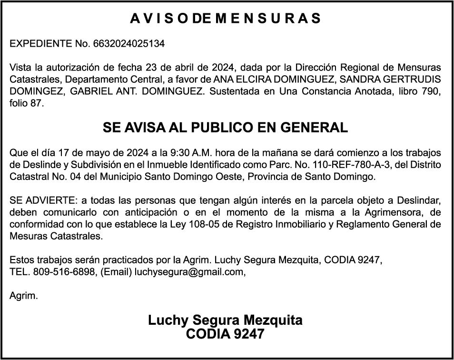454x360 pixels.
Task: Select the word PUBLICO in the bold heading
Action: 223,128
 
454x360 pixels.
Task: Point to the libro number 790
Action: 433,92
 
